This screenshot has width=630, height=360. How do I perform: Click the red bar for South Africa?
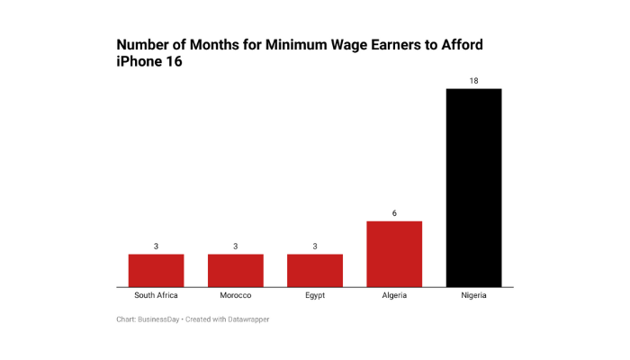[x=156, y=270]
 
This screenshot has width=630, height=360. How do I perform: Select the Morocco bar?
[x=236, y=270]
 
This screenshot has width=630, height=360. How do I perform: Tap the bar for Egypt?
[x=315, y=270]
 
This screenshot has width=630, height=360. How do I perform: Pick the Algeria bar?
[x=394, y=254]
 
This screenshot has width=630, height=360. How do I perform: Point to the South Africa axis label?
[x=156, y=295]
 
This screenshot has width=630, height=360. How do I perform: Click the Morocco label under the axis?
[x=236, y=295]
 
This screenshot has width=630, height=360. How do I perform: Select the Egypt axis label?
[x=315, y=295]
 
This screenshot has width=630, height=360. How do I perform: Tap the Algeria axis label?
[x=394, y=295]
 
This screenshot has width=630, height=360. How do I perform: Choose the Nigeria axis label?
[x=473, y=295]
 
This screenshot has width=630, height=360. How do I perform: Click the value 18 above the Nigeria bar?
[x=473, y=81]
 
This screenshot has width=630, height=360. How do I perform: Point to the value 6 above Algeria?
[x=394, y=213]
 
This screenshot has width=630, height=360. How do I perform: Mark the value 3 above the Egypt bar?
[x=315, y=246]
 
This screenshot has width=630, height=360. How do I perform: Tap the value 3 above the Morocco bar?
[x=236, y=246]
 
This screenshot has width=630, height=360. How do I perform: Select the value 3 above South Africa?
[x=156, y=246]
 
